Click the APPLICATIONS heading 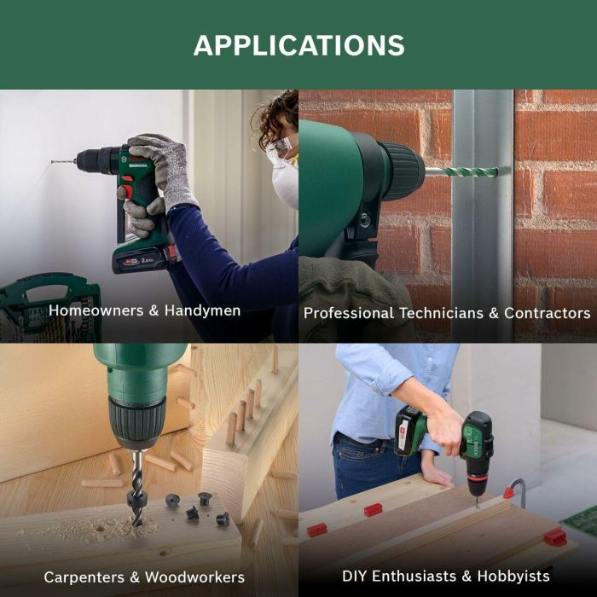(298, 45)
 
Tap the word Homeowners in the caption (96, 310)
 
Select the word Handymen (203, 311)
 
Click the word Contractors (548, 313)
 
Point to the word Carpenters (84, 577)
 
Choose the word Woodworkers (195, 577)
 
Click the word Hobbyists (513, 576)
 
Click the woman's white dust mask (285, 183)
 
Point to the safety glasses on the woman (280, 149)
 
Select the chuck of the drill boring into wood (137, 422)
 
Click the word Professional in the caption (348, 313)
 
